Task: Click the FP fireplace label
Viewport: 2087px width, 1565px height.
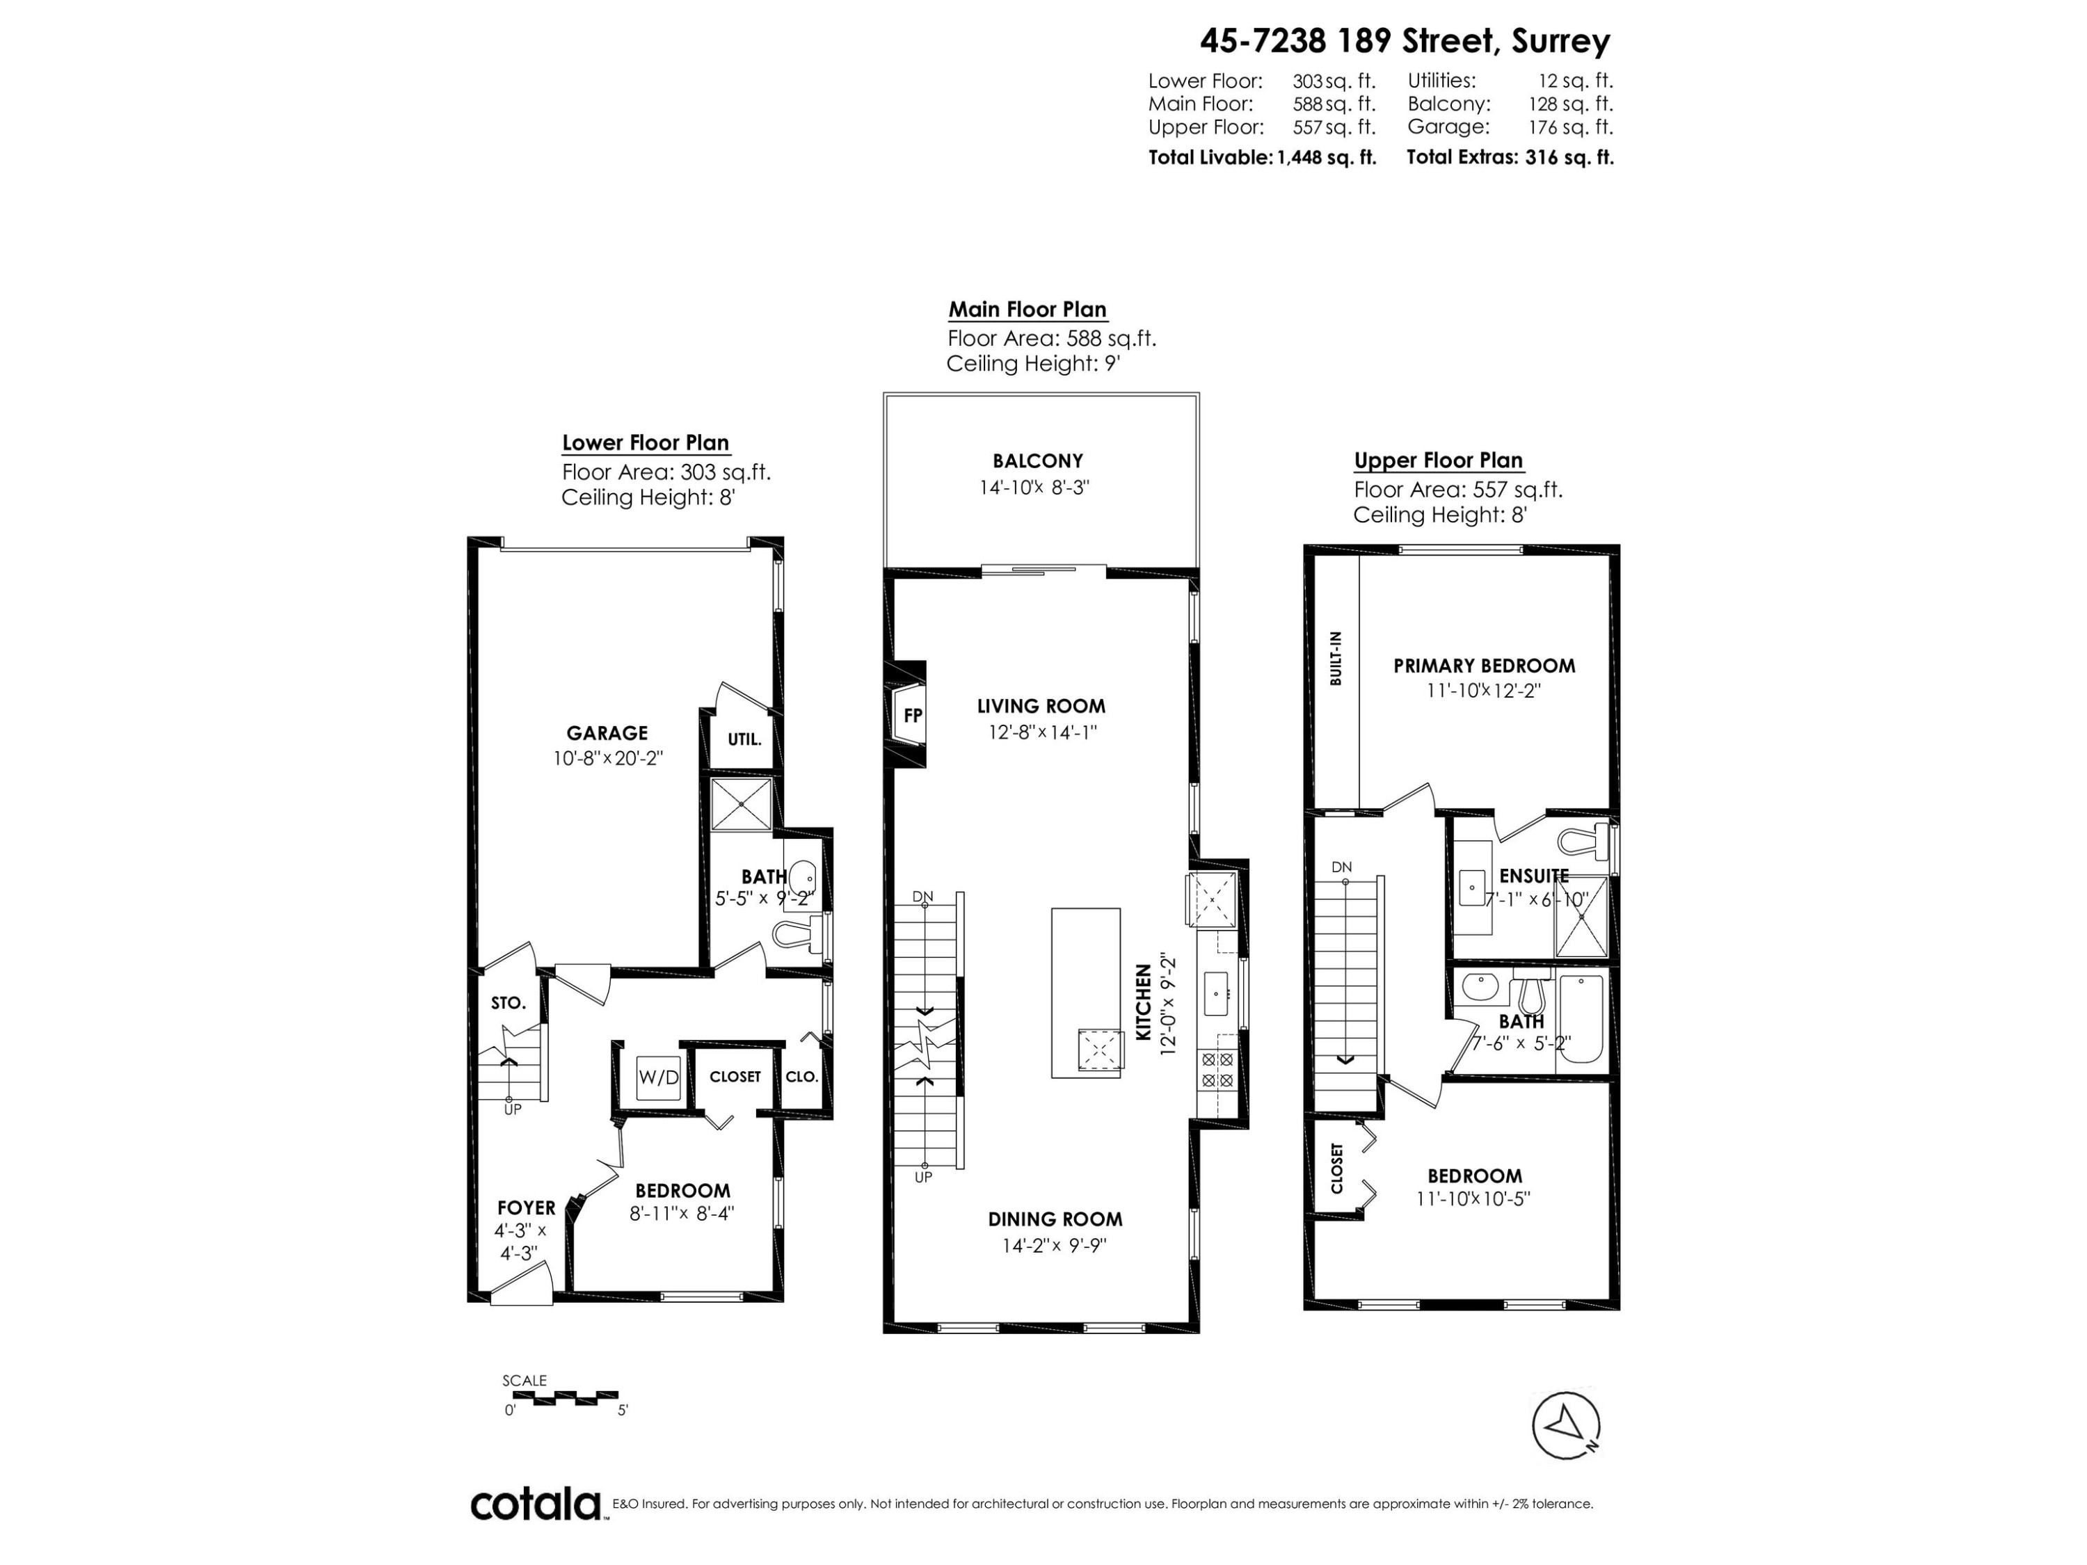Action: click(912, 715)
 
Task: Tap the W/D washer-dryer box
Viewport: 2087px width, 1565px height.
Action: click(657, 1076)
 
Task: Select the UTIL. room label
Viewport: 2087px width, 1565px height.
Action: click(744, 739)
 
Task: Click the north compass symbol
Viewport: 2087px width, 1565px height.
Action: click(1565, 1424)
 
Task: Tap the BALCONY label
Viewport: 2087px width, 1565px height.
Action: click(1037, 460)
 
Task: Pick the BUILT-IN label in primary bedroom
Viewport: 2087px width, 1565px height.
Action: click(1336, 657)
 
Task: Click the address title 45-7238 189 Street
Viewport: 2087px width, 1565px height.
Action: click(1404, 40)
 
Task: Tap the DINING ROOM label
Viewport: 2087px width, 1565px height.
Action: click(1054, 1219)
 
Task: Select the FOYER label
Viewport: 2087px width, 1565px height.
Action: click(525, 1207)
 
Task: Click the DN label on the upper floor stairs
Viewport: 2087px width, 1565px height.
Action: click(1341, 866)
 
